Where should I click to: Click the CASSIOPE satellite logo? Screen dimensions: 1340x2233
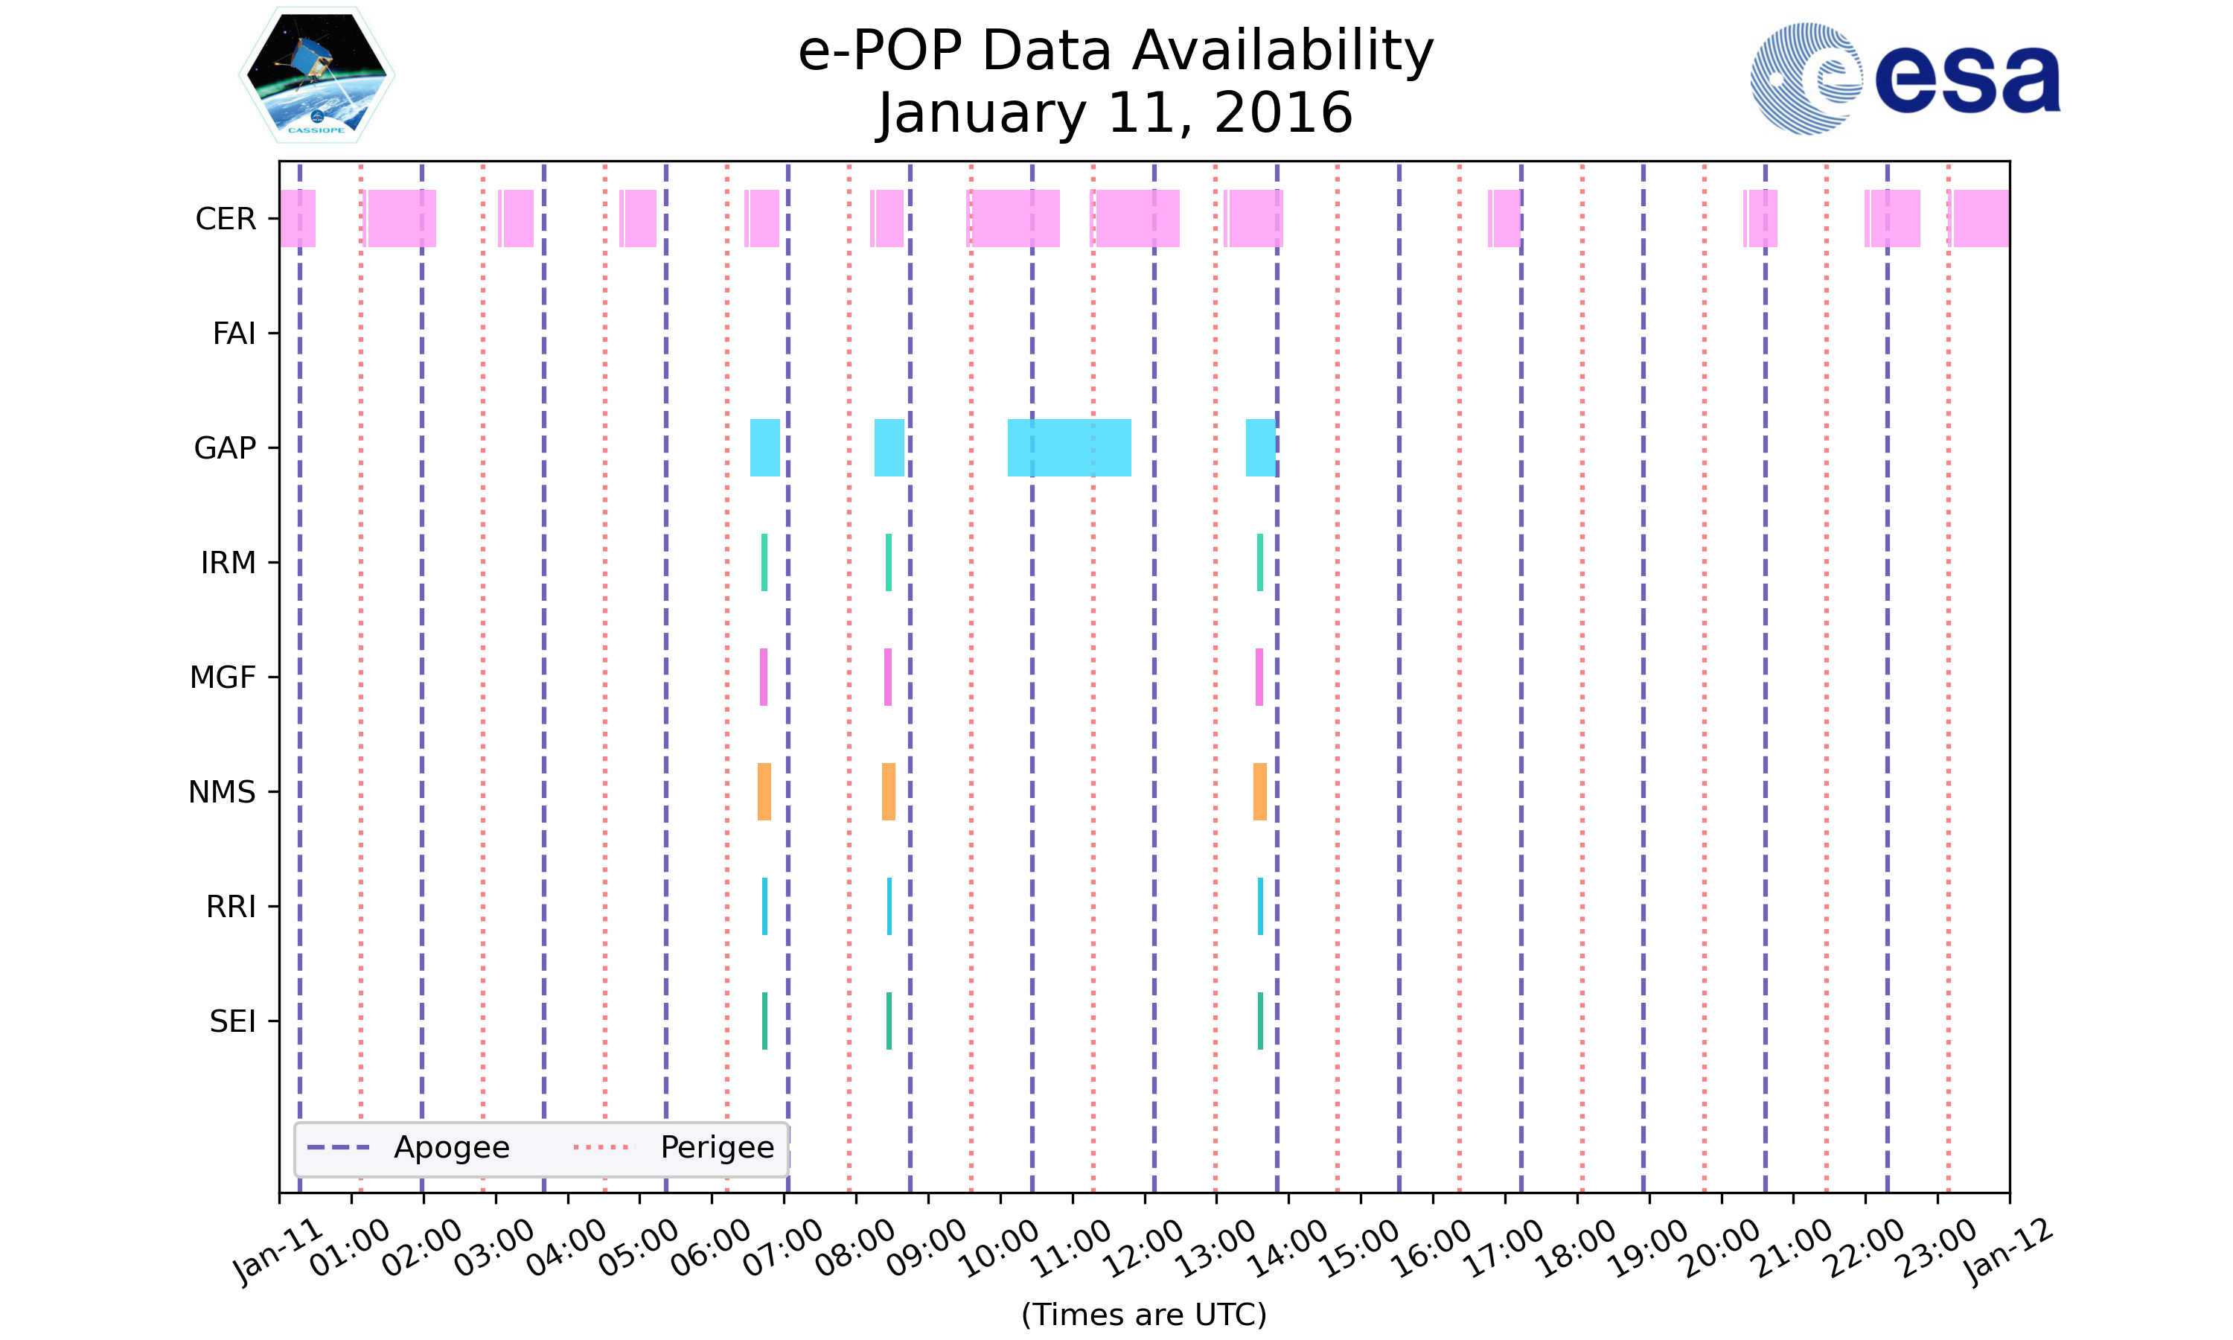(x=317, y=76)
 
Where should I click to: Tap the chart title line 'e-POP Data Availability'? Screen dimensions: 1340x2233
(x=1116, y=51)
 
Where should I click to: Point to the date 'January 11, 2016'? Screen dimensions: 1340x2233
(x=1116, y=114)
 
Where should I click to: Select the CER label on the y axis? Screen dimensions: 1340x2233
(x=226, y=220)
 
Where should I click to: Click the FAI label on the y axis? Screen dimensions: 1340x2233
(x=234, y=334)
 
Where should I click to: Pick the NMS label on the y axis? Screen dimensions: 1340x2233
(x=222, y=793)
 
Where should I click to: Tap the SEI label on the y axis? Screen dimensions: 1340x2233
(x=233, y=1022)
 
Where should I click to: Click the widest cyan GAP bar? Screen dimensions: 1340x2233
(x=1069, y=448)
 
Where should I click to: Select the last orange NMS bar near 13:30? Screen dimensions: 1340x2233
(x=1259, y=792)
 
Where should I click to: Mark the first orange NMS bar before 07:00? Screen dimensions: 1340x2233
(x=764, y=792)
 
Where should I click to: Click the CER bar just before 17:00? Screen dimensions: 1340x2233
(x=1504, y=219)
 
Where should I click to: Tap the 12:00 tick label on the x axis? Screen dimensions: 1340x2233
(x=1145, y=1248)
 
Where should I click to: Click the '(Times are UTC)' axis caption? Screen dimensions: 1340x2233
(x=1143, y=1315)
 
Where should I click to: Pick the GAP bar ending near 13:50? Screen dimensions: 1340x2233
(x=1260, y=448)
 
